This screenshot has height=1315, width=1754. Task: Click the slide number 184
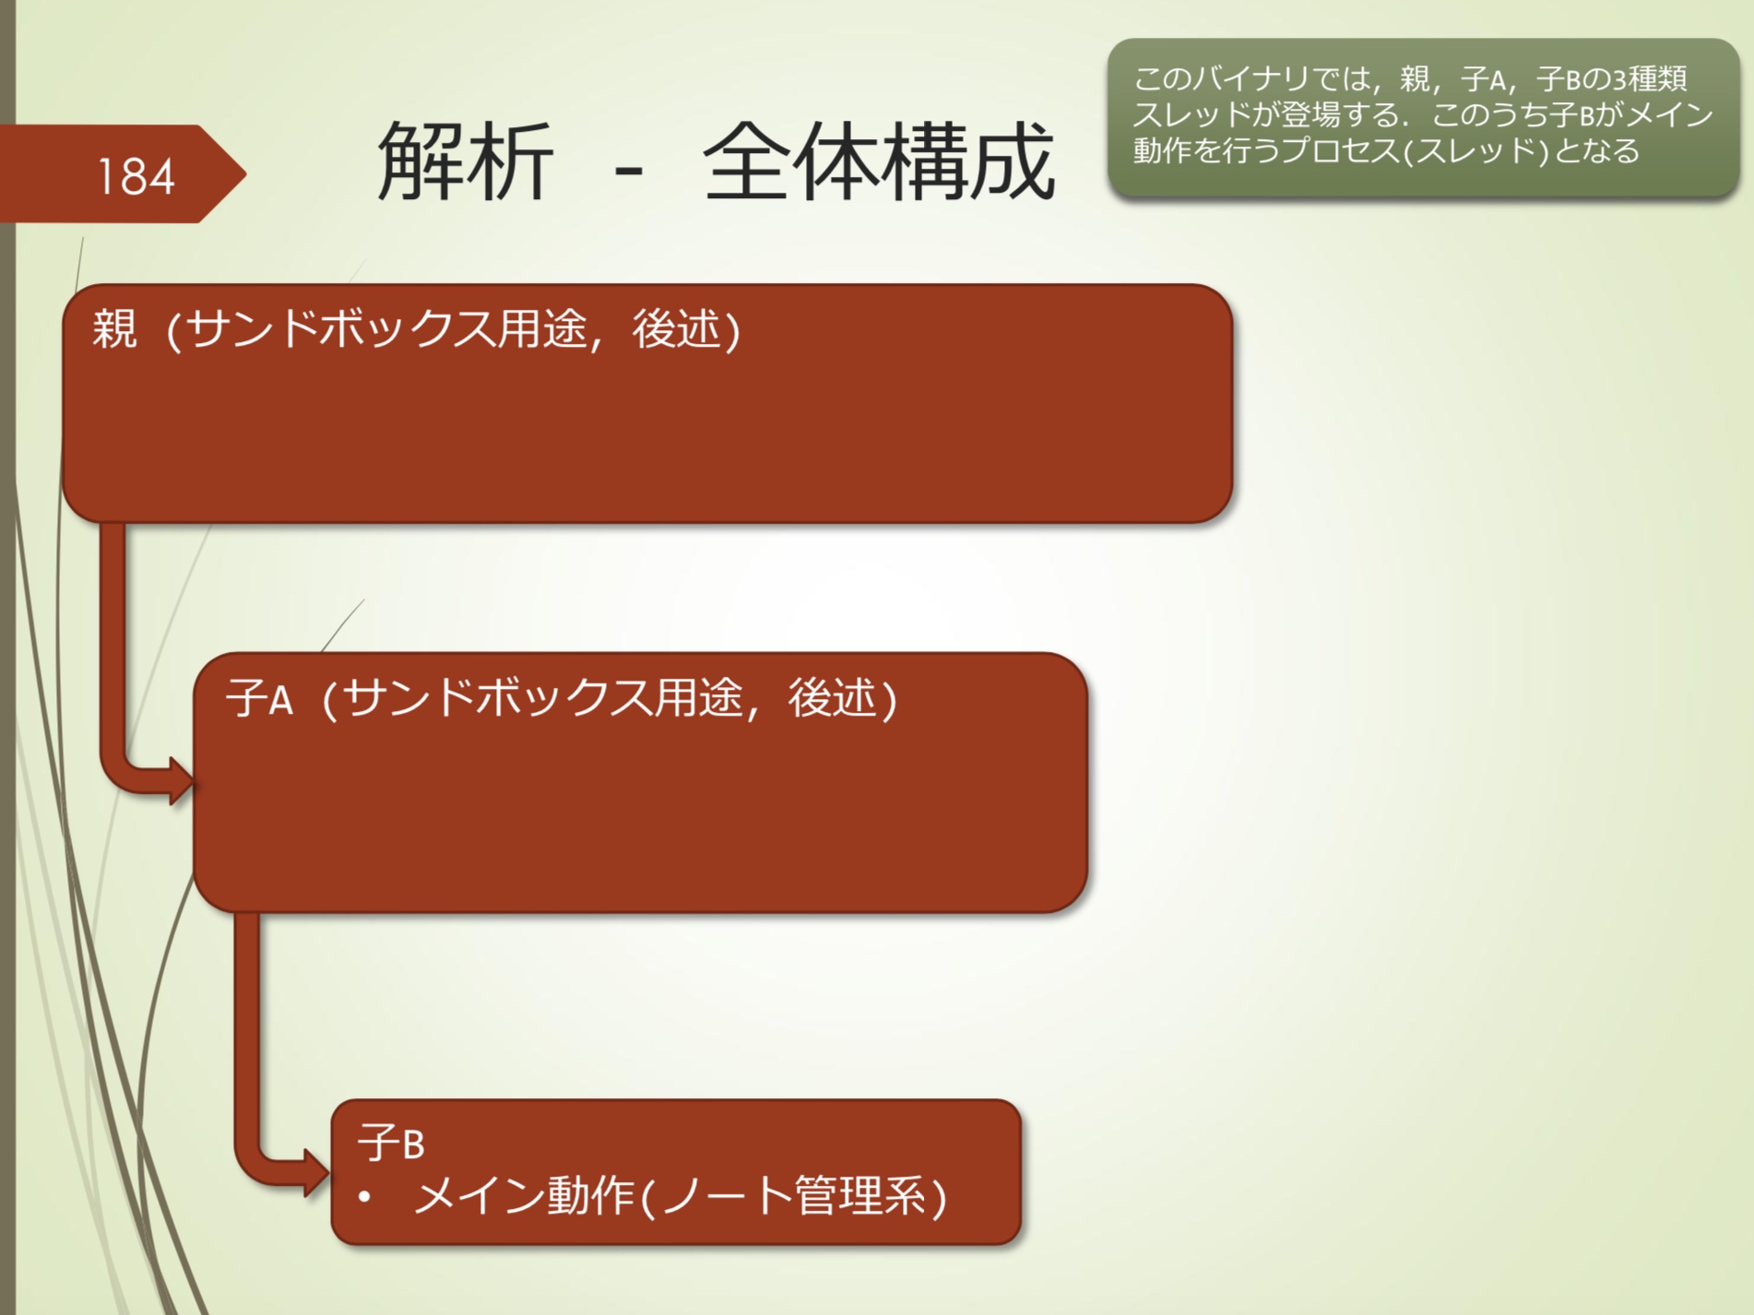pos(136,176)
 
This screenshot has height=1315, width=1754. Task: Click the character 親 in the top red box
pos(115,329)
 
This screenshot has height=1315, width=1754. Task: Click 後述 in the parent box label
pos(676,329)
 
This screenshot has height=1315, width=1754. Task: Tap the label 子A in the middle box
pos(259,698)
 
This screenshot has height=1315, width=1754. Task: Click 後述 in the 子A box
pos(833,698)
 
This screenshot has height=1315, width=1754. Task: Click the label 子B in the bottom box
pos(391,1143)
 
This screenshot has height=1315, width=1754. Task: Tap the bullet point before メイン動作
pos(365,1198)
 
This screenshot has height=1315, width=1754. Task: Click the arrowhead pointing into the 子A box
pos(181,781)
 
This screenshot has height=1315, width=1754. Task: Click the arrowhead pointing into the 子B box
pos(315,1173)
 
